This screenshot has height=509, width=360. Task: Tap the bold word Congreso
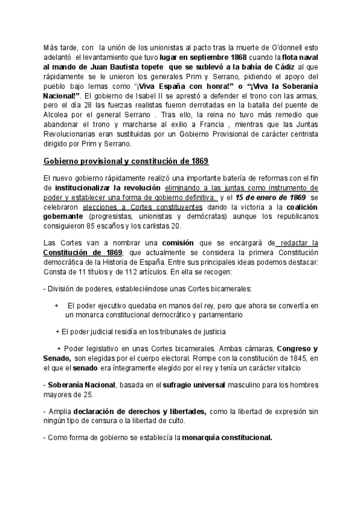click(293, 349)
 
